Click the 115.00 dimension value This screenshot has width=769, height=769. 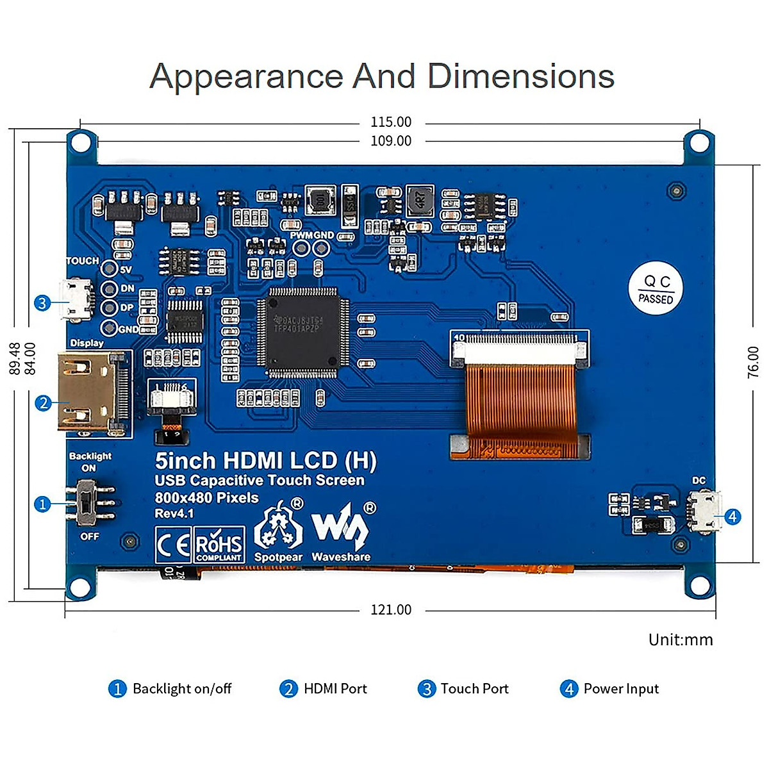(391, 122)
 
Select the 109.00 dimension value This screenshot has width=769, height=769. (391, 141)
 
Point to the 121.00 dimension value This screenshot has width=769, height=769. (391, 609)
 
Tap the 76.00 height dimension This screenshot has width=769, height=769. (753, 362)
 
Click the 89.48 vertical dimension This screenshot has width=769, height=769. (14, 358)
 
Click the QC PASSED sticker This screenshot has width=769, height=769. (656, 290)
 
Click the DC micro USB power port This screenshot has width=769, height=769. (703, 512)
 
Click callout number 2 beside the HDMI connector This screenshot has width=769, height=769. (43, 403)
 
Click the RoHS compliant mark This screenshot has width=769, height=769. (219, 545)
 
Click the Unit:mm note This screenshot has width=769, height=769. (681, 640)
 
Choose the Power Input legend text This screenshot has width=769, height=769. (621, 689)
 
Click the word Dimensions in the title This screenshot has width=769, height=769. (520, 76)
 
